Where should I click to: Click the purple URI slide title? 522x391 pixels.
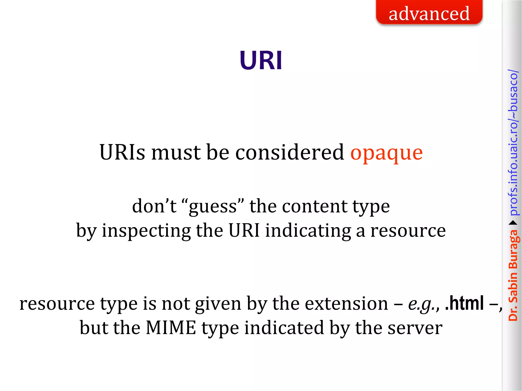(261, 61)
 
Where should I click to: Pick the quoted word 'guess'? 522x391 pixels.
(213, 207)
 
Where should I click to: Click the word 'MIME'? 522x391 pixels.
(171, 328)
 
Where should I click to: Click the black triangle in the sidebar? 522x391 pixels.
(513, 223)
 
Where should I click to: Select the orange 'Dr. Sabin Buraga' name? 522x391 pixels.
(513, 275)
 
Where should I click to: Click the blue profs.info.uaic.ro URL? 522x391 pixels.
(513, 143)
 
